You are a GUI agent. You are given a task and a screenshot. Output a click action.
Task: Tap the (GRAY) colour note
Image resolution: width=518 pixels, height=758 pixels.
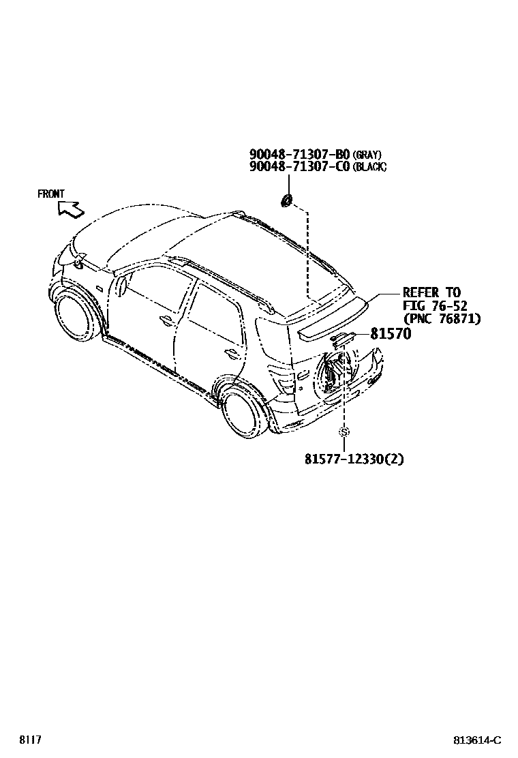[x=367, y=155]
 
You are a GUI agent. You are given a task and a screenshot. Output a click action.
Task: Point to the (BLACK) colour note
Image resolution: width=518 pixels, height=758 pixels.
[x=369, y=168]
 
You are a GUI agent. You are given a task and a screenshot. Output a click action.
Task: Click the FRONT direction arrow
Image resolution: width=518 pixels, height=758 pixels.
[x=70, y=207]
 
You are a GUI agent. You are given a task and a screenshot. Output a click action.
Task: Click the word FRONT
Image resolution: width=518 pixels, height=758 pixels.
[x=51, y=194]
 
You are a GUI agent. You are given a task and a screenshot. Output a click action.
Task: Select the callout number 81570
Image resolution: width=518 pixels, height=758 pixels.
[x=392, y=334]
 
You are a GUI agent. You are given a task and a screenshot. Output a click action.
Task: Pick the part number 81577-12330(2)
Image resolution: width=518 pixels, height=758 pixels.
[x=354, y=459]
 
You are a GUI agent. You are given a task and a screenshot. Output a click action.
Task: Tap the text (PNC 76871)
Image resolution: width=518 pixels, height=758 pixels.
[x=442, y=318]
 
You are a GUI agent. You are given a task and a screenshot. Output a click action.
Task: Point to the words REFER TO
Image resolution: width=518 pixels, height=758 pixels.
[x=431, y=293]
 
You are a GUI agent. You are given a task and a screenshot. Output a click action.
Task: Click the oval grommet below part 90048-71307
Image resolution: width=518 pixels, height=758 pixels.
[x=288, y=200]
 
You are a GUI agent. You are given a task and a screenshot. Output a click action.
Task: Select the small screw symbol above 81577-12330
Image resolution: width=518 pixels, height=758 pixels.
[x=344, y=431]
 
